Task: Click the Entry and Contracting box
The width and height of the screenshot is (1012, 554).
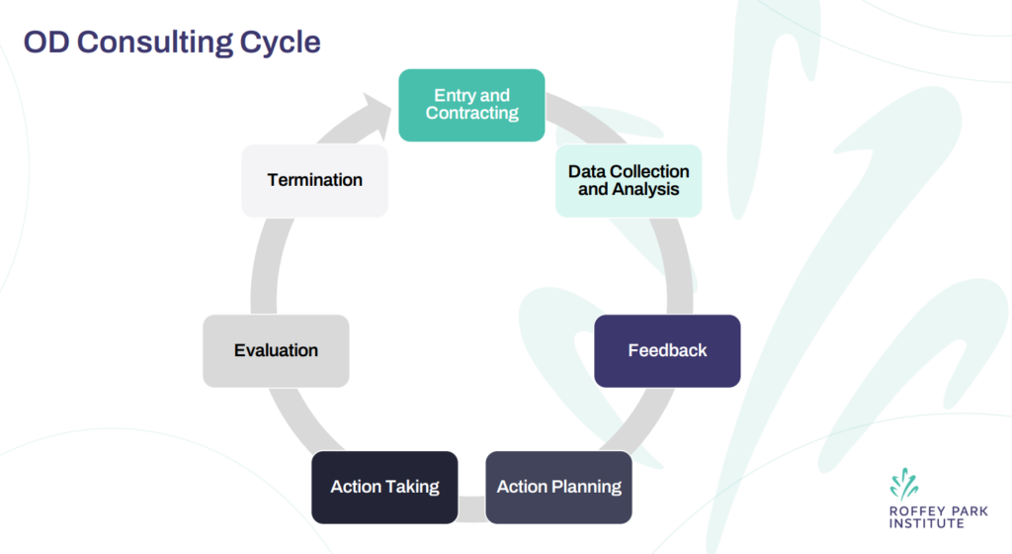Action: click(471, 105)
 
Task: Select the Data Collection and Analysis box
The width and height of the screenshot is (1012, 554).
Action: click(629, 180)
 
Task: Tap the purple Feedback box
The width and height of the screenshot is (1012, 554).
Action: click(667, 351)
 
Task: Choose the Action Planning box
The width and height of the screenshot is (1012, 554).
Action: click(558, 487)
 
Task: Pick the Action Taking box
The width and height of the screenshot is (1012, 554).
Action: click(384, 487)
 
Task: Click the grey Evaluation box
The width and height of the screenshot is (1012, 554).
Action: click(276, 351)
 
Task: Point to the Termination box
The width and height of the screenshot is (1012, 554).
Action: click(314, 180)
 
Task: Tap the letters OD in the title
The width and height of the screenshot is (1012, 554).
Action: click(45, 44)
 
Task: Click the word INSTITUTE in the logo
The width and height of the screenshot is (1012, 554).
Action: click(926, 523)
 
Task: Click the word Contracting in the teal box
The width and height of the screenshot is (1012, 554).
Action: click(471, 114)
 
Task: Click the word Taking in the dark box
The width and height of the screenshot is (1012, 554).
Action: click(415, 487)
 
